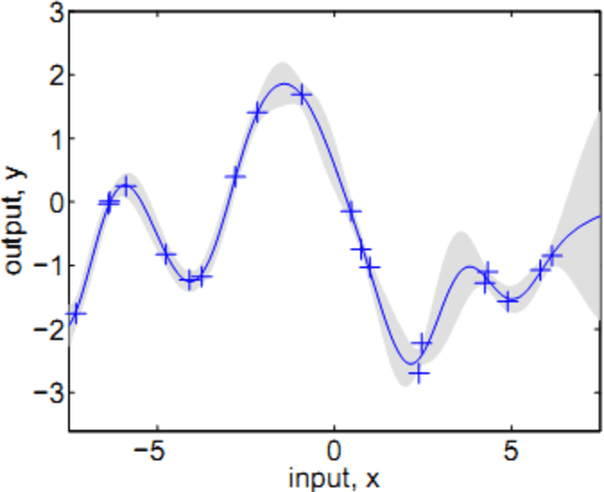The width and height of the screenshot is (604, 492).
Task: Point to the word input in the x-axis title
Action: [x=317, y=479]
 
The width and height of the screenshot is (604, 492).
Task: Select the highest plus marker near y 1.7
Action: [x=302, y=94]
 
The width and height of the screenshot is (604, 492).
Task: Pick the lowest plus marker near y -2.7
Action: [x=419, y=374]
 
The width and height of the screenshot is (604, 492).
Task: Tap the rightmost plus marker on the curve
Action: [x=552, y=255]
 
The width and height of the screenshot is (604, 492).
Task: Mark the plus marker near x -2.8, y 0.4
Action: [x=235, y=177]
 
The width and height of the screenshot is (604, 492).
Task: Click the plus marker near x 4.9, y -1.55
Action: [x=510, y=301]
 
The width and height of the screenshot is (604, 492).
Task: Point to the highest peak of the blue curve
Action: [x=284, y=84]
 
